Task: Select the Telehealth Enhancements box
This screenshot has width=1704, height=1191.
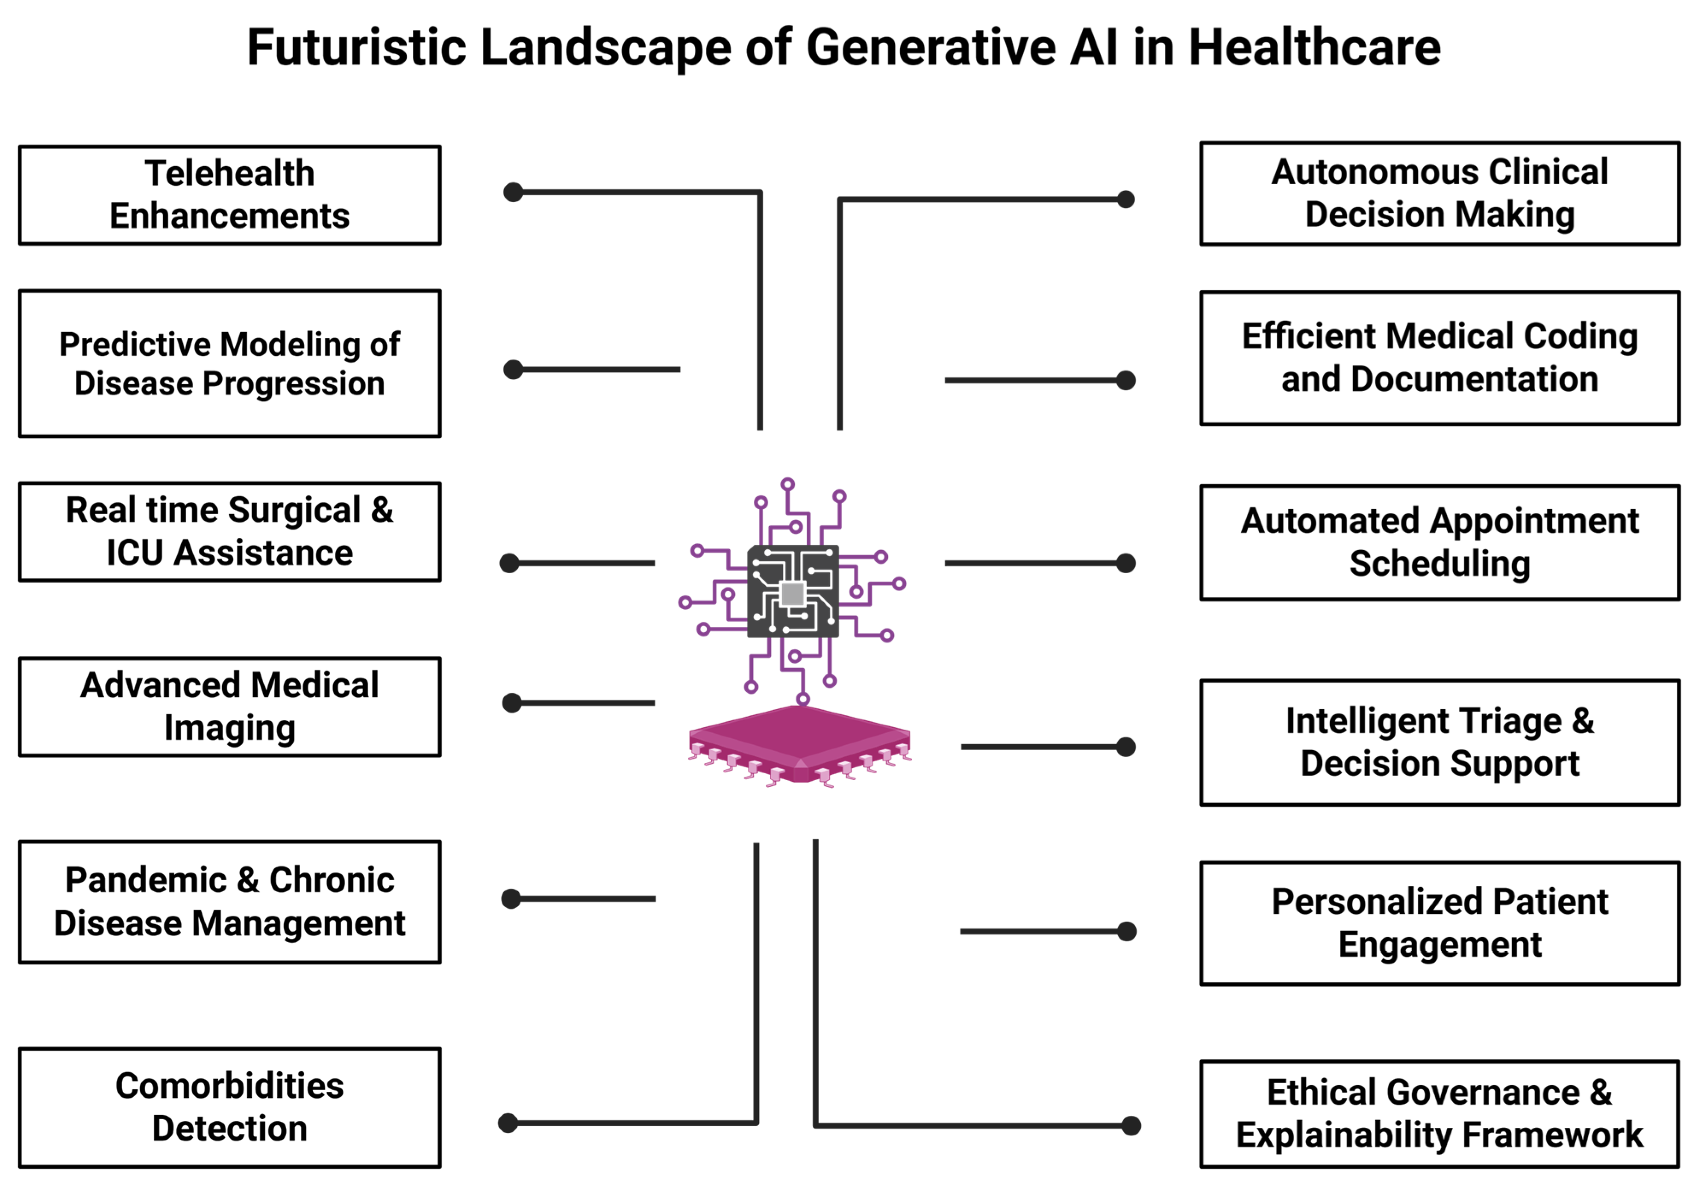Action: (229, 195)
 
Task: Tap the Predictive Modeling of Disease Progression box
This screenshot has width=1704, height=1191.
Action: (229, 363)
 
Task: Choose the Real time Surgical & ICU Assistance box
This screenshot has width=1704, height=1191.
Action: (229, 532)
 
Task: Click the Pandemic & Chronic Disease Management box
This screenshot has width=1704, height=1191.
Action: (229, 902)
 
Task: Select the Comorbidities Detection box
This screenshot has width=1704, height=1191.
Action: (229, 1107)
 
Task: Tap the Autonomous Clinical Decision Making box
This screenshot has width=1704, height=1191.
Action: (1440, 193)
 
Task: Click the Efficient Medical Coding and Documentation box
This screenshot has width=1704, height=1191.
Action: (1440, 358)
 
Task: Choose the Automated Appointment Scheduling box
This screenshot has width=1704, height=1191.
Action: (1440, 542)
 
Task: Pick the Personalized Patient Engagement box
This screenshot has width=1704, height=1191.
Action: (1440, 923)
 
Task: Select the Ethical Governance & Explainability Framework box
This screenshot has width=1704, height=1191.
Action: (1440, 1114)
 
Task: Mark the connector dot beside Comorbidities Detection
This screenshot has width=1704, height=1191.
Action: (508, 1123)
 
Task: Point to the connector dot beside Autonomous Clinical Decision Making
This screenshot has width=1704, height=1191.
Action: (1126, 199)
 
